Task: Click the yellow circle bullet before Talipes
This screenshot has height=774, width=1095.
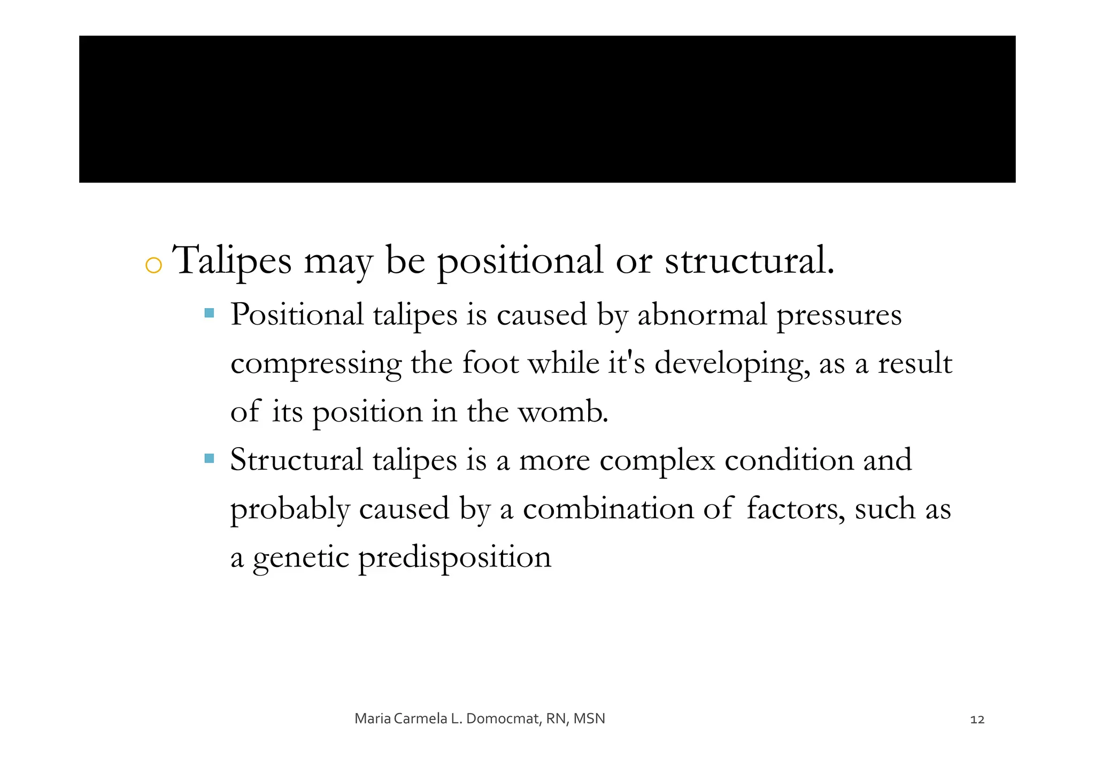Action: point(153,265)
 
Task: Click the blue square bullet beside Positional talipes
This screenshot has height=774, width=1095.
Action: point(210,312)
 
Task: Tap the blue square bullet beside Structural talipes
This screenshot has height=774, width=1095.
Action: point(210,458)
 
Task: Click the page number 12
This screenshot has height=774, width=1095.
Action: point(977,719)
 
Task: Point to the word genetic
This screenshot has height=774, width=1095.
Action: point(301,558)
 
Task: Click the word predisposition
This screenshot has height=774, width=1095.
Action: point(454,558)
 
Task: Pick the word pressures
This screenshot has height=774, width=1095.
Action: point(839,316)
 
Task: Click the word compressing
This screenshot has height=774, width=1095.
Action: point(315,364)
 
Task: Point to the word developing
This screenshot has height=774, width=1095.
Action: point(730,364)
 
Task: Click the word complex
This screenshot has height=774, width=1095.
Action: point(657,461)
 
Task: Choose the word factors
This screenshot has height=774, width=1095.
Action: point(796,509)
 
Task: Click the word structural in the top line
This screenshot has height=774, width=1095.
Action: point(749,261)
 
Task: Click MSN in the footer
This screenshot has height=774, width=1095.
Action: point(589,719)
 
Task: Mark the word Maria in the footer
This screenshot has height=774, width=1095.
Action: point(373,719)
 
